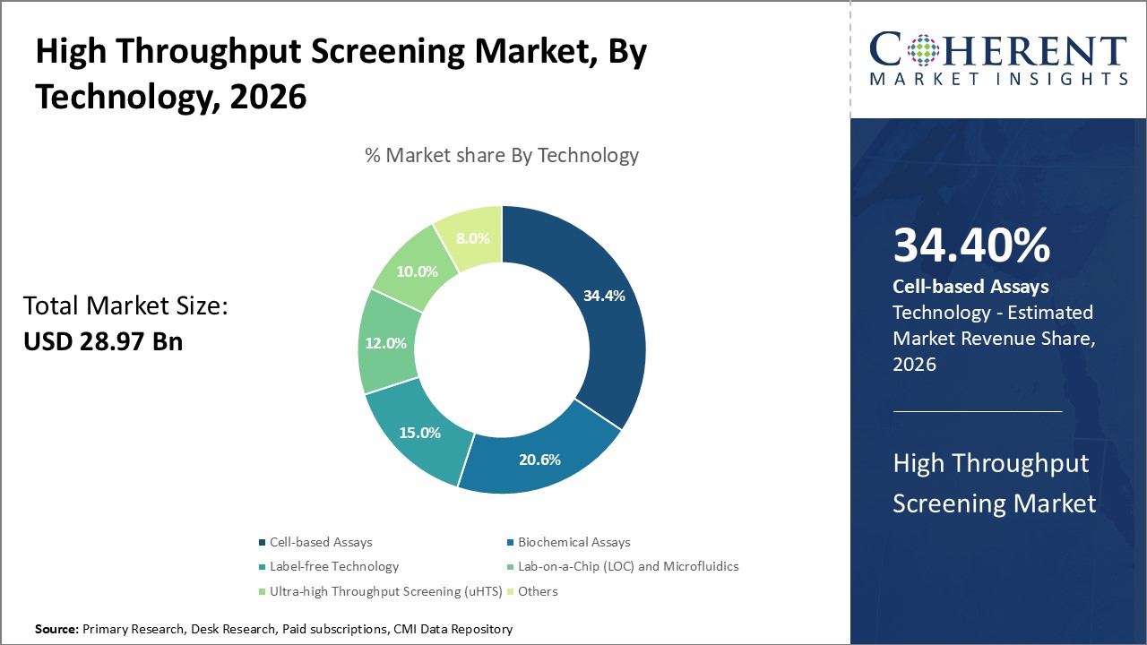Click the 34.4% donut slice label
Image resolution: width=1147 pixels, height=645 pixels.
tap(599, 294)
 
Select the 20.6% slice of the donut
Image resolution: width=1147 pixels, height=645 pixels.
tap(539, 460)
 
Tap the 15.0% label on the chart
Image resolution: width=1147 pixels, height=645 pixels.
tap(420, 433)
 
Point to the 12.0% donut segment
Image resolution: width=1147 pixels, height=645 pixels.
tap(386, 342)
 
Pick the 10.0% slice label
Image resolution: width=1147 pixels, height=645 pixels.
tap(417, 271)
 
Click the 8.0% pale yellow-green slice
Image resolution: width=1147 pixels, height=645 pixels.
tap(473, 238)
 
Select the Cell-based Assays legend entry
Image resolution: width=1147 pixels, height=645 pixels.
tap(320, 542)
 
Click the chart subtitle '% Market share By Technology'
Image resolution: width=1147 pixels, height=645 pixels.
tap(502, 155)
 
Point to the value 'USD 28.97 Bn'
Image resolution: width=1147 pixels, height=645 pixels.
tap(103, 341)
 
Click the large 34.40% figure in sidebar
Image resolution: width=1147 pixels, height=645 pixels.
tap(971, 246)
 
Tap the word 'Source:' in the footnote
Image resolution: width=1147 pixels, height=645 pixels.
tap(56, 630)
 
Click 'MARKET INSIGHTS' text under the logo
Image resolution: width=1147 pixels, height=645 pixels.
tap(998, 79)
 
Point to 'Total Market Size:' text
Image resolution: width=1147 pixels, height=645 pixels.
tap(125, 306)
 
